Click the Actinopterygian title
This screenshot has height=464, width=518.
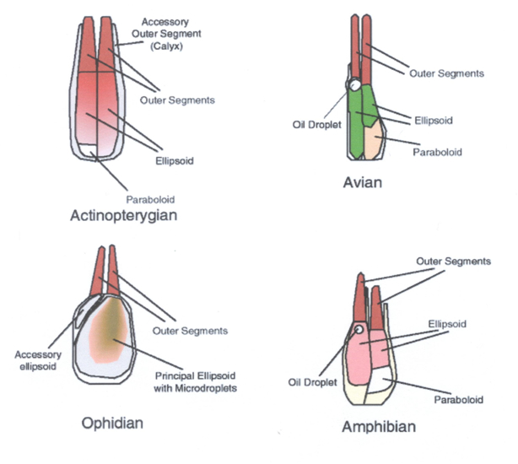click(127, 216)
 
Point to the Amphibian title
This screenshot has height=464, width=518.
click(379, 427)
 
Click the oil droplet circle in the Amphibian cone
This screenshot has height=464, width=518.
click(359, 330)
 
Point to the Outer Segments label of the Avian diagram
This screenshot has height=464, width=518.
click(446, 73)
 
